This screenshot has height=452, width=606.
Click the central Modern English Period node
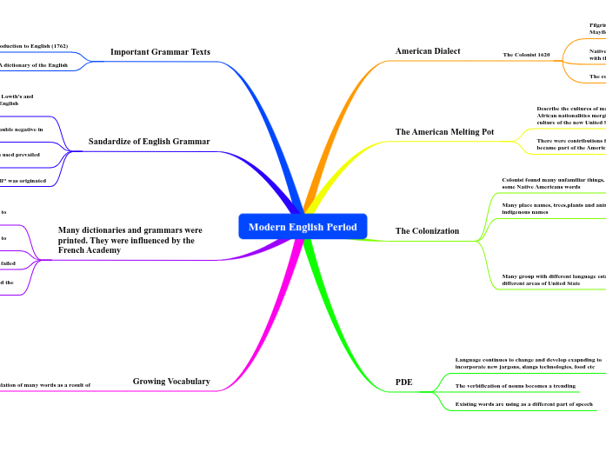pyautogui.click(x=303, y=227)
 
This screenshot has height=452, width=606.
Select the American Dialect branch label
pyautogui.click(x=428, y=51)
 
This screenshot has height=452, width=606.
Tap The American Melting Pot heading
pyautogui.click(x=444, y=132)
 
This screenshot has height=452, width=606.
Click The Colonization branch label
pyautogui.click(x=427, y=231)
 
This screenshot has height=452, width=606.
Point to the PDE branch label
pyautogui.click(x=403, y=382)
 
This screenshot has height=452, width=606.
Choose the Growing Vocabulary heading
pyautogui.click(x=171, y=381)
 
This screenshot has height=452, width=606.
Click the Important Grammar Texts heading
pyautogui.click(x=160, y=52)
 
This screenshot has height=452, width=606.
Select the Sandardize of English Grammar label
pyautogui.click(x=150, y=141)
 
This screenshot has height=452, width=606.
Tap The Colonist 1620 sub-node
pyautogui.click(x=526, y=55)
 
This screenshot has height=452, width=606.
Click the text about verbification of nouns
pyautogui.click(x=515, y=384)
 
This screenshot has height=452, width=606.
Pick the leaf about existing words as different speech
pyautogui.click(x=523, y=404)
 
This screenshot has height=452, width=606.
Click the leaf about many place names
pyautogui.click(x=553, y=209)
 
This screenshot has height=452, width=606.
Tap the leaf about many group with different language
pyautogui.click(x=553, y=279)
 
